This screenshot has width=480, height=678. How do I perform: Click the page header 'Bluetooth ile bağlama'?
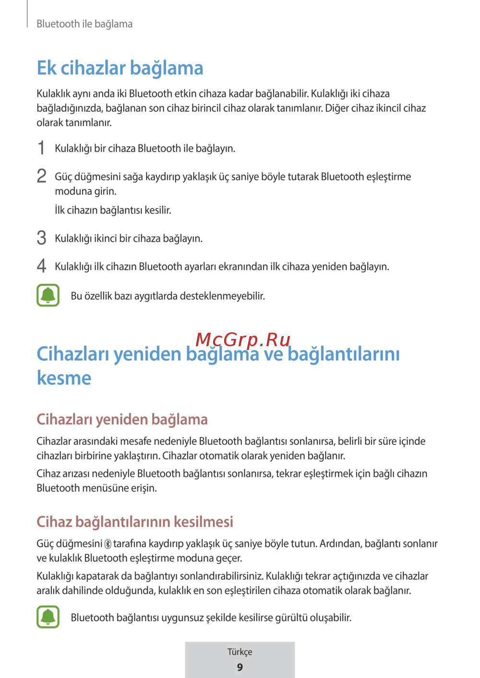click(x=84, y=24)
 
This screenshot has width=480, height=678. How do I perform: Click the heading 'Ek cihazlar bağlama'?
click(x=120, y=68)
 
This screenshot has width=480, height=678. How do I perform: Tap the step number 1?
click(x=42, y=148)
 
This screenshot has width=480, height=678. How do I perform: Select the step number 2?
click(x=42, y=176)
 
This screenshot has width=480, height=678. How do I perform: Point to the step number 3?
click(x=42, y=238)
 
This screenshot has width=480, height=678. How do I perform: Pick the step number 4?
click(x=42, y=266)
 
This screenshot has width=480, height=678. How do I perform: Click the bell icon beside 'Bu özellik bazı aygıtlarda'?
click(x=48, y=295)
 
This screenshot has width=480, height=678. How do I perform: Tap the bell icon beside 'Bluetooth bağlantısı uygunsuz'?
click(x=48, y=617)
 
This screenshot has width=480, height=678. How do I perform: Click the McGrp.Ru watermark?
click(x=243, y=339)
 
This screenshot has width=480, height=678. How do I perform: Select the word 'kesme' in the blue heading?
click(x=64, y=378)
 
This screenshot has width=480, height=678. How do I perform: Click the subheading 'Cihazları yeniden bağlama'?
click(x=122, y=420)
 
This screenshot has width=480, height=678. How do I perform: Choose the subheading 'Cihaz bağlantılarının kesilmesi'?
click(x=135, y=522)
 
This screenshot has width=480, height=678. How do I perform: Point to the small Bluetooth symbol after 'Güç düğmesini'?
click(x=108, y=544)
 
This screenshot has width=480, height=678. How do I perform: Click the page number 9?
click(x=240, y=667)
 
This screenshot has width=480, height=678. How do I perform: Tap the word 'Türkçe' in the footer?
click(x=240, y=652)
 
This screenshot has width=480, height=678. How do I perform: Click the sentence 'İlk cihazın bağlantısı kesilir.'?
click(x=113, y=210)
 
